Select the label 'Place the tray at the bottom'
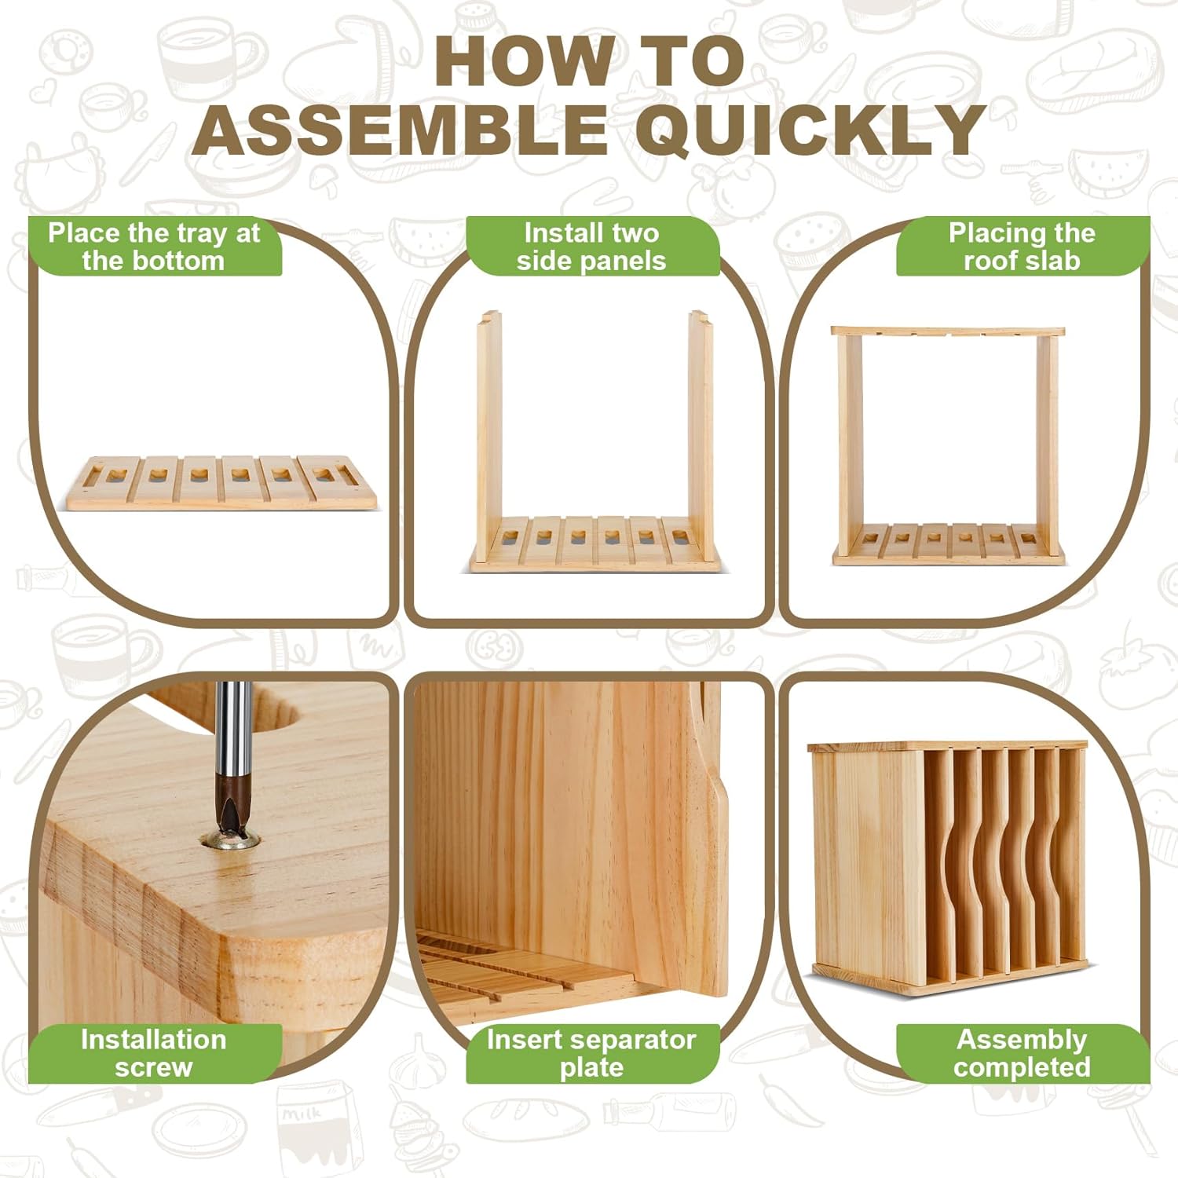[155, 247]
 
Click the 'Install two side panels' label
[591, 247]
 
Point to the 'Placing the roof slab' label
[1022, 247]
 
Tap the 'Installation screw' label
[155, 1053]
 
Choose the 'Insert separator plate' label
[591, 1053]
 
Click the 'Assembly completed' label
[1022, 1053]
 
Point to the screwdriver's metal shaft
[233, 730]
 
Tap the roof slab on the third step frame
[948, 331]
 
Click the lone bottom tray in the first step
[221, 484]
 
